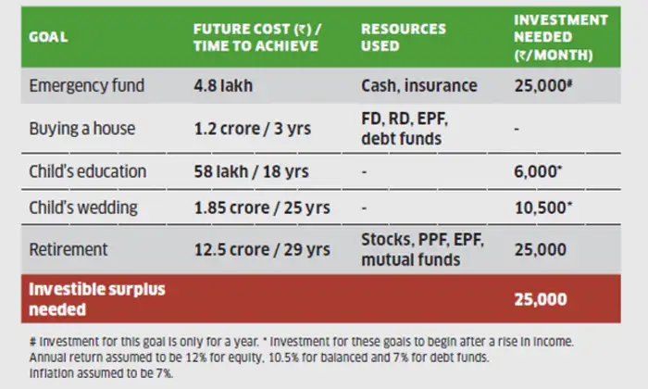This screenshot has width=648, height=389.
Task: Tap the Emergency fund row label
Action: point(87,86)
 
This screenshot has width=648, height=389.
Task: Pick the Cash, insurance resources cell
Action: point(419,86)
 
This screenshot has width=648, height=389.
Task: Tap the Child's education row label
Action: point(88,171)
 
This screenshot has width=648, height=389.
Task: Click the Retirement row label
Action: point(69,249)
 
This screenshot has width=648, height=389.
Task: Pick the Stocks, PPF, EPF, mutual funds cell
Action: point(422,250)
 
